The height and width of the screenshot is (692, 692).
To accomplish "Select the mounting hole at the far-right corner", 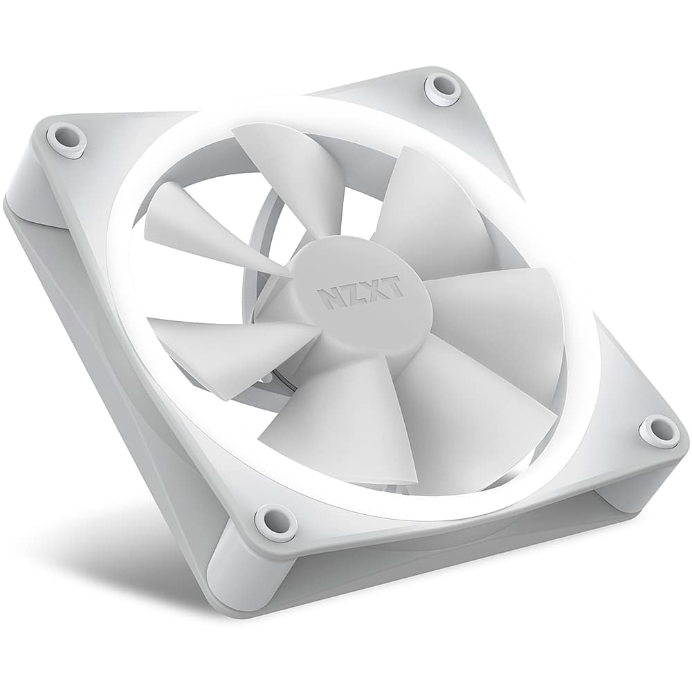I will point(658,430).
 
